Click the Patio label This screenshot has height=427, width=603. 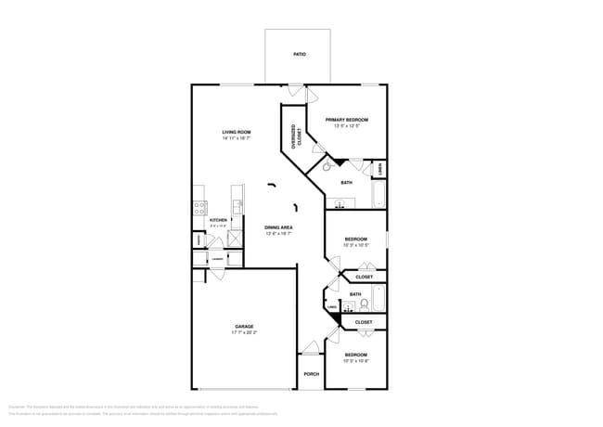point(300,55)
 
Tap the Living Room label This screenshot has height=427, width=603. point(237,133)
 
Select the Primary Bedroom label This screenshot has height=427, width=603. point(347,120)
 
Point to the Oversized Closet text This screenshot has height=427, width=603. point(295,137)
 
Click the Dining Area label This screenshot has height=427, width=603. point(279,227)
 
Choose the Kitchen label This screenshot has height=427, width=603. point(218,220)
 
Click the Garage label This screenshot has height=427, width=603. point(244,327)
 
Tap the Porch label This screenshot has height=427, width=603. point(311,374)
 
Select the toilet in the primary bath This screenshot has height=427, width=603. point(326,167)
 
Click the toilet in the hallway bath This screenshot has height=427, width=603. point(365,304)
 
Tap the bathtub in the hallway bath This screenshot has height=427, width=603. point(378,298)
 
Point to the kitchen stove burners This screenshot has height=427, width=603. point(198,207)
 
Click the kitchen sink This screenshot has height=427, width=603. point(237,206)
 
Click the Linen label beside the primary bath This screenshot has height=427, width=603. point(380,168)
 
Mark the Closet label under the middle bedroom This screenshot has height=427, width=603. point(365,277)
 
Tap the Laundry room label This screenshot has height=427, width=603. point(216,259)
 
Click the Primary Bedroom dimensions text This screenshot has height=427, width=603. point(347,126)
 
